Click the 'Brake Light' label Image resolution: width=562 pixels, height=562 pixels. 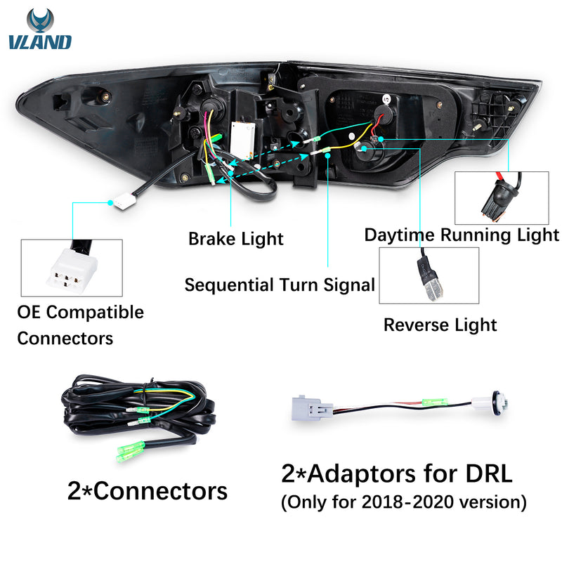236,239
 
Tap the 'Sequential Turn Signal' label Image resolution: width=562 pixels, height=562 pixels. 279,285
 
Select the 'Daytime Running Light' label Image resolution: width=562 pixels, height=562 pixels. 462,235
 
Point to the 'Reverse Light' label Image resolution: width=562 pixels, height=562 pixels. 440,325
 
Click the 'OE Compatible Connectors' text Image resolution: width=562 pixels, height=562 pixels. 80,325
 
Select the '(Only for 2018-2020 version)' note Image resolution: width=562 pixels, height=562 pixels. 404,504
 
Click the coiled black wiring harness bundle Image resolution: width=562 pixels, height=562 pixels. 133,411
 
